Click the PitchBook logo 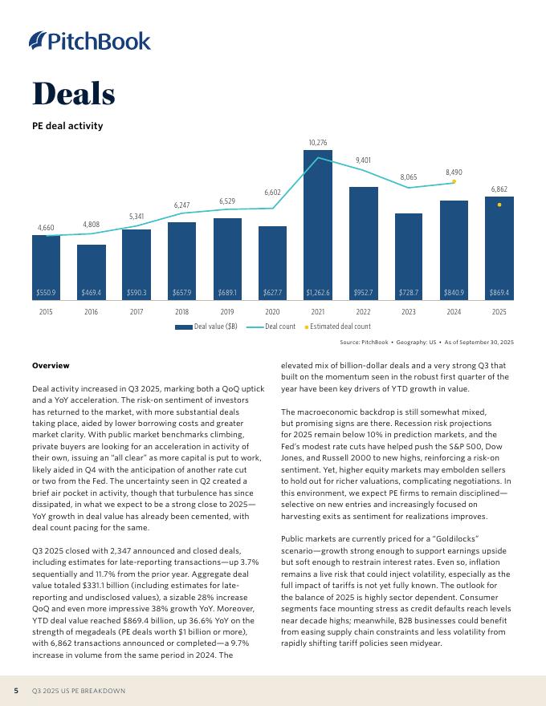coord(89,41)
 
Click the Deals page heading coord(73,94)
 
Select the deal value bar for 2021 coord(318,225)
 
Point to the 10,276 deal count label coord(318,143)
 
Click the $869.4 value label coord(499,293)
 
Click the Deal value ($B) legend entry coord(206,327)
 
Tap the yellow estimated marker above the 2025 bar coord(499,205)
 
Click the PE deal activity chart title coord(67,126)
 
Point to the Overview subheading coord(51,366)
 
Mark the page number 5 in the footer coord(16,691)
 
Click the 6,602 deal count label coord(273,193)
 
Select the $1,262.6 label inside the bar coord(318,293)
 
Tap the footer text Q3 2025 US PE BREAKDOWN coord(79,691)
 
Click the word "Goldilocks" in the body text coord(431,539)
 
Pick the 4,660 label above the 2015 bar coord(46,229)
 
